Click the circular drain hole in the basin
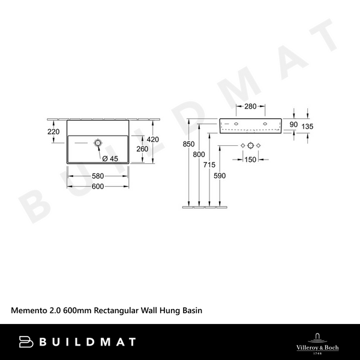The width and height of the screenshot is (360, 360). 97,143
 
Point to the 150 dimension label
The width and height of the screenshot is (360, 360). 249,159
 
